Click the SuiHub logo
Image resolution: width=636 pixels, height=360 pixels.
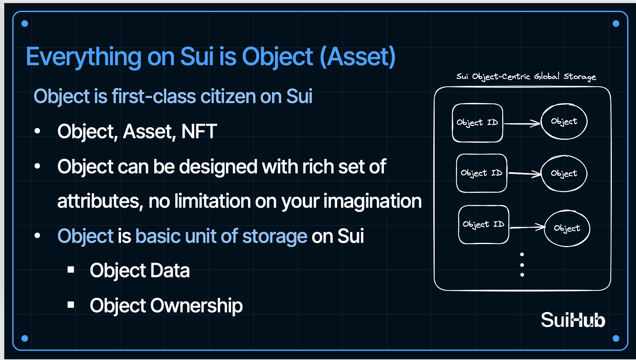click(x=573, y=320)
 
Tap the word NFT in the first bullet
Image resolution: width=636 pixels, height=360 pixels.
click(x=199, y=131)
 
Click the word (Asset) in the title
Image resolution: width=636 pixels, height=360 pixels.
click(x=357, y=57)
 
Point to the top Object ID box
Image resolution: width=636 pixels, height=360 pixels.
click(x=477, y=123)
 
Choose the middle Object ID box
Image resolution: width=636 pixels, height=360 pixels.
click(x=481, y=173)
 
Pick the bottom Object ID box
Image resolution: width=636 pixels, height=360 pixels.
click(x=483, y=225)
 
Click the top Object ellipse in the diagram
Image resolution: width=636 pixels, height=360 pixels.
click(x=564, y=121)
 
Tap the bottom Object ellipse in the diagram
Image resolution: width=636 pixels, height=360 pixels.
click(x=567, y=228)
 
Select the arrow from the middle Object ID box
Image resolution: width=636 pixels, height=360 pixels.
click(x=524, y=174)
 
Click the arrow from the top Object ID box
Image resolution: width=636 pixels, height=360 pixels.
click(x=522, y=124)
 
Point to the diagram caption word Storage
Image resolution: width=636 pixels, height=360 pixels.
click(x=580, y=77)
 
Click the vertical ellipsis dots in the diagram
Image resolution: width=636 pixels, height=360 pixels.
click(x=522, y=264)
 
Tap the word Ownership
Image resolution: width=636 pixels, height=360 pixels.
click(x=196, y=306)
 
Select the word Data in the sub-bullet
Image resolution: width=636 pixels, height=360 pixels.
click(x=170, y=270)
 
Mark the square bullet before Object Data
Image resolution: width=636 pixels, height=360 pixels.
click(x=71, y=269)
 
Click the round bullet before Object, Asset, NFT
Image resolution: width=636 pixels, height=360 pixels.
click(x=37, y=131)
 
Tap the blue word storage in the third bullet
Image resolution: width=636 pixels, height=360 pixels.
click(x=275, y=237)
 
